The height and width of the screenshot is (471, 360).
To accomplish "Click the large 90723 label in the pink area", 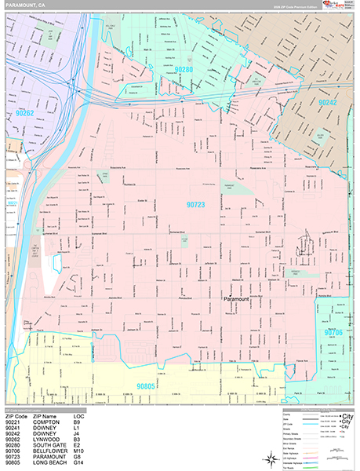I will (195, 204).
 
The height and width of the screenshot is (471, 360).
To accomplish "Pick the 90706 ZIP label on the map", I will (335, 333).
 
